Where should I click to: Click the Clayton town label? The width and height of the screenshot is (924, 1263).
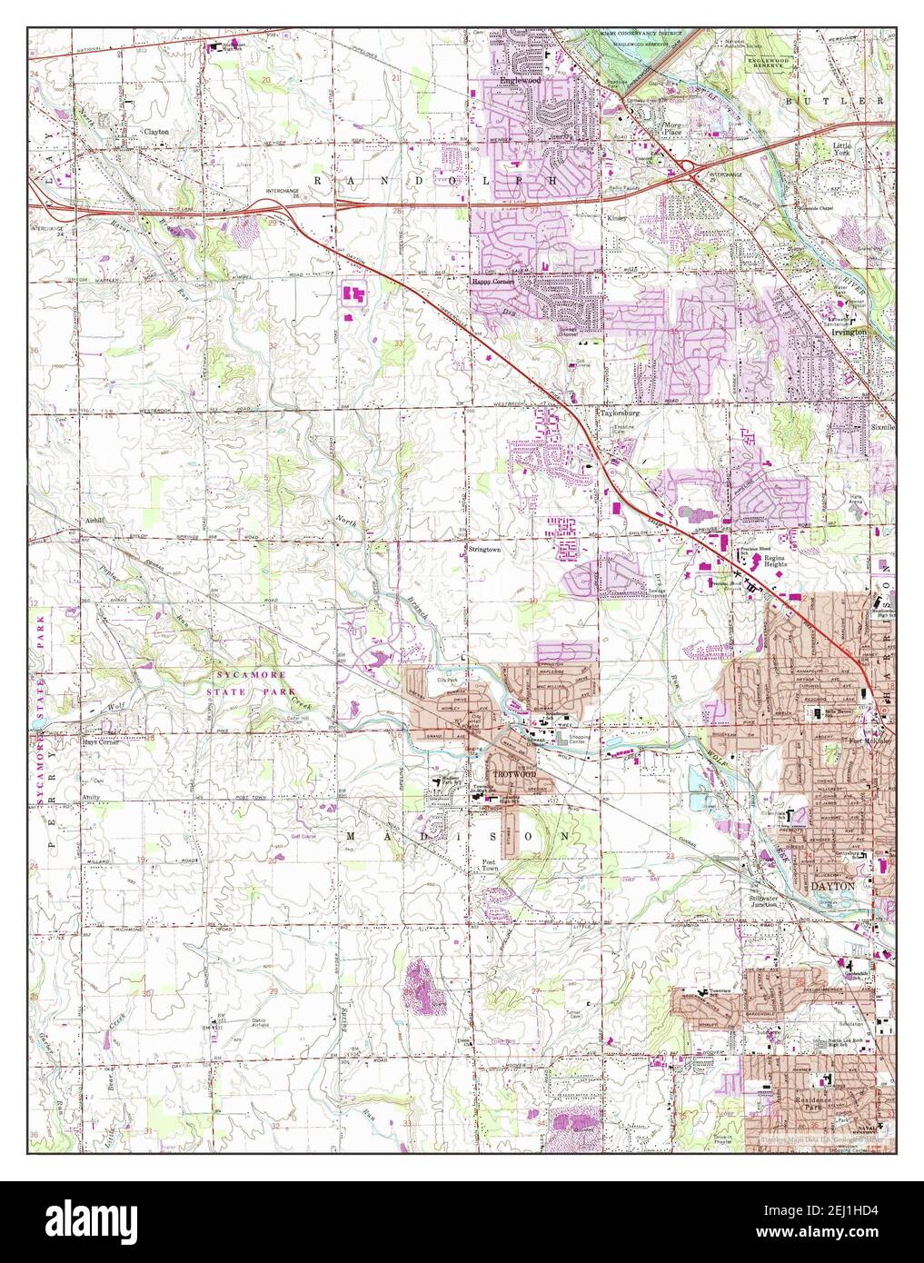coord(155,132)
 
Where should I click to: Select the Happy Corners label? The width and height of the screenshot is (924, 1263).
coord(492,282)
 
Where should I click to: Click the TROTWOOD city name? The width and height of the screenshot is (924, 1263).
coord(514,774)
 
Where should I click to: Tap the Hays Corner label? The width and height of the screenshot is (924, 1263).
coord(103,742)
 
